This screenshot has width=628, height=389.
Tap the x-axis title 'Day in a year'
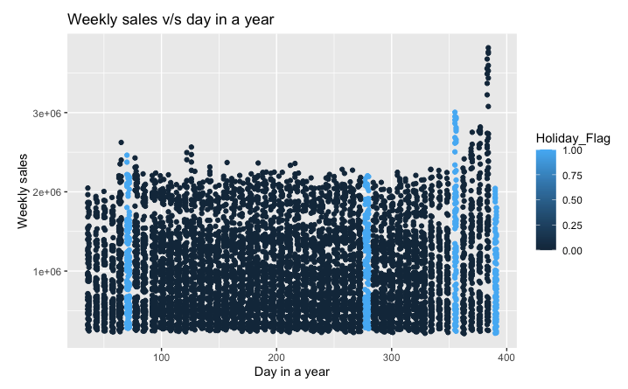(x=292, y=372)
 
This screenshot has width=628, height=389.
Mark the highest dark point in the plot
(x=488, y=48)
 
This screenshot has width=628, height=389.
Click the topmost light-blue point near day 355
(x=455, y=113)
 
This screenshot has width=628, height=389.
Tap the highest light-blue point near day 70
(x=127, y=156)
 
